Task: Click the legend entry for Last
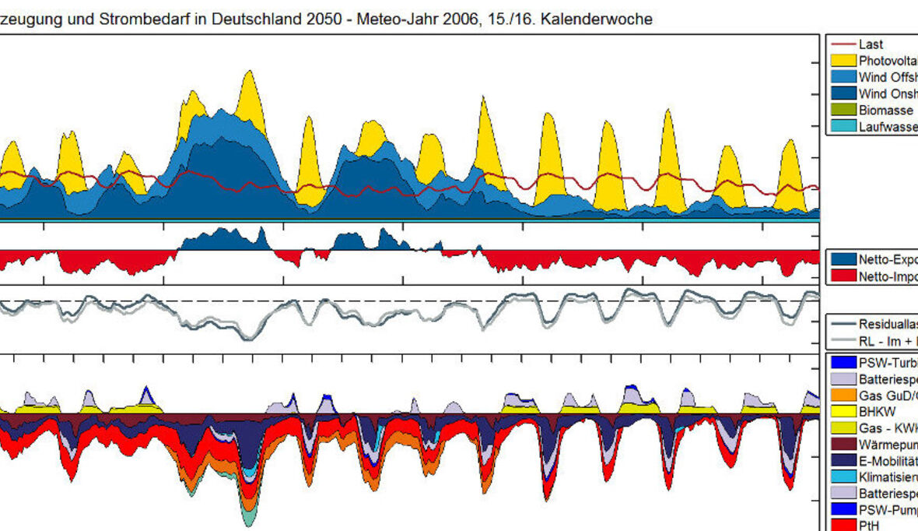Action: point(871,44)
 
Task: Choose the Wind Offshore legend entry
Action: point(888,77)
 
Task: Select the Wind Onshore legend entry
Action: point(888,93)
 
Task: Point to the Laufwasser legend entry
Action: point(888,127)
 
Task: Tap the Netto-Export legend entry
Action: point(888,259)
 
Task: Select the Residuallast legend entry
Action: point(888,324)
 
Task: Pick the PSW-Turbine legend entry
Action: point(888,362)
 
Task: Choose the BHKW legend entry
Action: point(876,411)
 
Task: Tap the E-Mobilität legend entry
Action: point(888,460)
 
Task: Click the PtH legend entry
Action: point(868,526)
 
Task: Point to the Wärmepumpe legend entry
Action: point(888,444)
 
